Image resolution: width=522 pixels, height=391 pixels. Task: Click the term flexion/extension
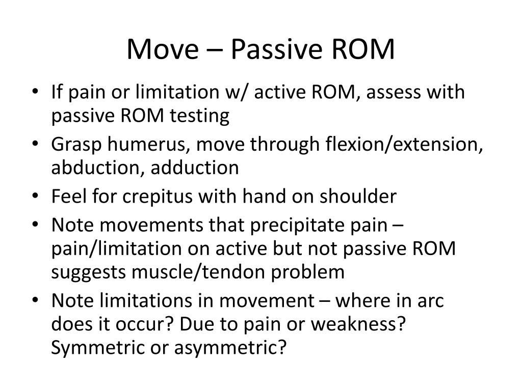pyautogui.click(x=404, y=145)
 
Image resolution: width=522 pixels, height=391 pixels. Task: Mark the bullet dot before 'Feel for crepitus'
pyautogui.click(x=41, y=197)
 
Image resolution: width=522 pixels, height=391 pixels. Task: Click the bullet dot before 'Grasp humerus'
pyautogui.click(x=41, y=145)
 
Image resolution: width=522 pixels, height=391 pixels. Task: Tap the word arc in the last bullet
pyautogui.click(x=430, y=301)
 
